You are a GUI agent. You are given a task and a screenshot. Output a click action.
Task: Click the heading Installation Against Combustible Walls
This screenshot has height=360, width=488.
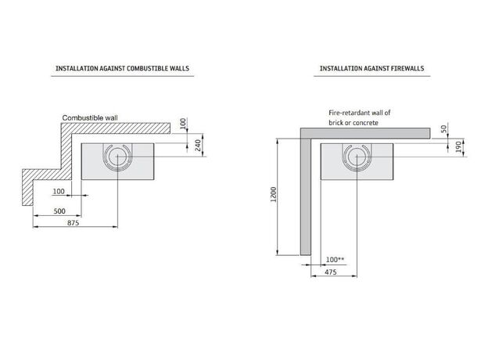[122, 68]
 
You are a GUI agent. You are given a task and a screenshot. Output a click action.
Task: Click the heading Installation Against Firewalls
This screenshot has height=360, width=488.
[372, 68]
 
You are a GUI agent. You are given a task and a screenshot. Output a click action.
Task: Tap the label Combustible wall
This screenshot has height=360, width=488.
[90, 117]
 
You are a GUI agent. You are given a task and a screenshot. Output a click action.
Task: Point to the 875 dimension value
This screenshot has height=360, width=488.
[74, 223]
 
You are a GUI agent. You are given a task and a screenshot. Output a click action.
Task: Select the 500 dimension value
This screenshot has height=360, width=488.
[59, 211]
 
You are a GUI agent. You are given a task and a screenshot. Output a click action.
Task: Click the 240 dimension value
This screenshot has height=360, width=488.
[198, 146]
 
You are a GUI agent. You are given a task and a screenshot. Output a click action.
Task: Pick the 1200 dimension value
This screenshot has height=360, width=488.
[273, 195]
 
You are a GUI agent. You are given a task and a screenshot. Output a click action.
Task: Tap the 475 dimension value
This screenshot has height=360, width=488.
[331, 272]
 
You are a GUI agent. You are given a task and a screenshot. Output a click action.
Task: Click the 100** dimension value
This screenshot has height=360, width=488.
[335, 259]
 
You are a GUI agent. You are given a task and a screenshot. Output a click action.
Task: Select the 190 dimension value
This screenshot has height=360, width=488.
[458, 146]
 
